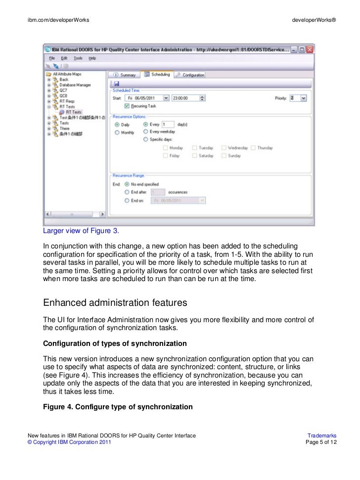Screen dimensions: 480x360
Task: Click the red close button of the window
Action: (x=310, y=49)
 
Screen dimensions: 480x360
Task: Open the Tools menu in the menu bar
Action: (x=78, y=58)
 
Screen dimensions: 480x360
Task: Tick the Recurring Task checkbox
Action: (x=128, y=106)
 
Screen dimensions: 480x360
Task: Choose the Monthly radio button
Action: (x=117, y=133)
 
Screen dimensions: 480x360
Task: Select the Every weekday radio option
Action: (x=146, y=132)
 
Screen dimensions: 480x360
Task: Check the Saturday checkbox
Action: (x=195, y=155)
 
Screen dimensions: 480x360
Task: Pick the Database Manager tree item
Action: (x=75, y=85)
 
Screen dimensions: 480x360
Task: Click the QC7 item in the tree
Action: (x=63, y=90)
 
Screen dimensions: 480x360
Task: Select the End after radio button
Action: (x=128, y=192)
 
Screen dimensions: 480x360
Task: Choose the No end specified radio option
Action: (x=128, y=184)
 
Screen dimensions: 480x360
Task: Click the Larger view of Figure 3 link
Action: (x=81, y=231)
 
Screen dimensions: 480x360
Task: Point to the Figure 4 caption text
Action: (x=118, y=407)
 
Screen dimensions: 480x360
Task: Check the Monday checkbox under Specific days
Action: (x=166, y=148)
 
